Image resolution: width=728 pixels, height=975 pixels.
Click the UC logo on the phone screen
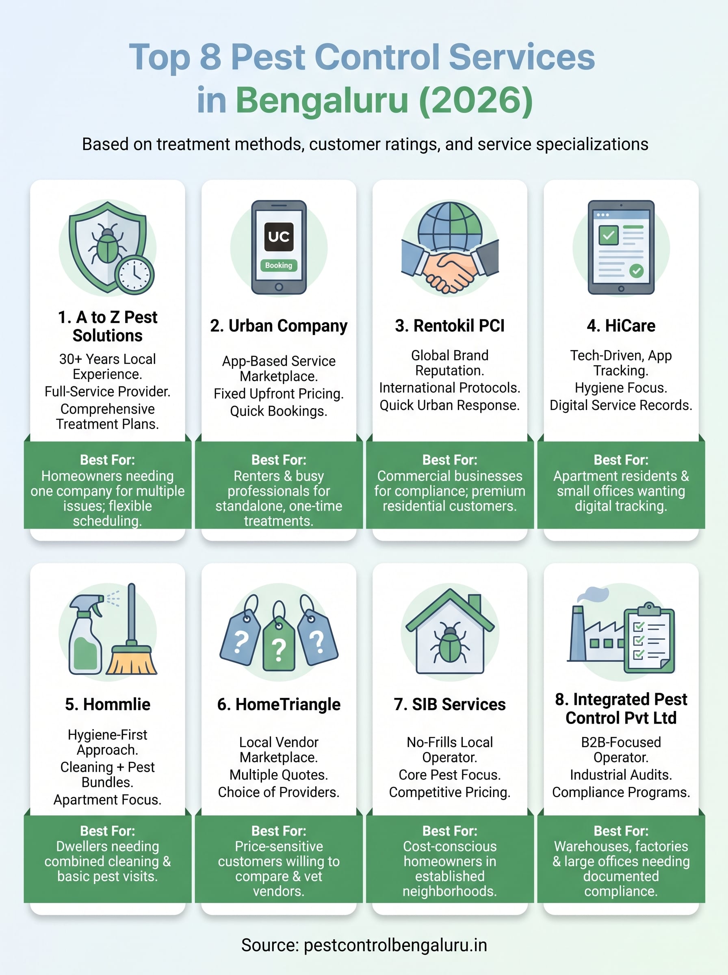click(x=279, y=236)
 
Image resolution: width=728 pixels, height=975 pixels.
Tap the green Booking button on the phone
click(x=279, y=265)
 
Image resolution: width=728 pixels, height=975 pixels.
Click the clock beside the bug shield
click(x=134, y=275)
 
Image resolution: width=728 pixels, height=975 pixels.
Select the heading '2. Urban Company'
click(x=279, y=326)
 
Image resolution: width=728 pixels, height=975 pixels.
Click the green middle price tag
click(x=279, y=644)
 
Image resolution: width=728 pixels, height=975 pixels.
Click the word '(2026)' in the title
click(x=476, y=100)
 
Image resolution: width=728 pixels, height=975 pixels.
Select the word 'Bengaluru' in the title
click(x=322, y=100)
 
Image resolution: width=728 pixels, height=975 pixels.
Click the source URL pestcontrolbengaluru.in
click(x=395, y=945)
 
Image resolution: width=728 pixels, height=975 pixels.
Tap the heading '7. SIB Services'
click(x=449, y=704)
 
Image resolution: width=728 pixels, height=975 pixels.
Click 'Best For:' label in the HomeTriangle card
click(x=279, y=830)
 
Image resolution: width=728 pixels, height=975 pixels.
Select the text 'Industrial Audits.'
click(x=621, y=775)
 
